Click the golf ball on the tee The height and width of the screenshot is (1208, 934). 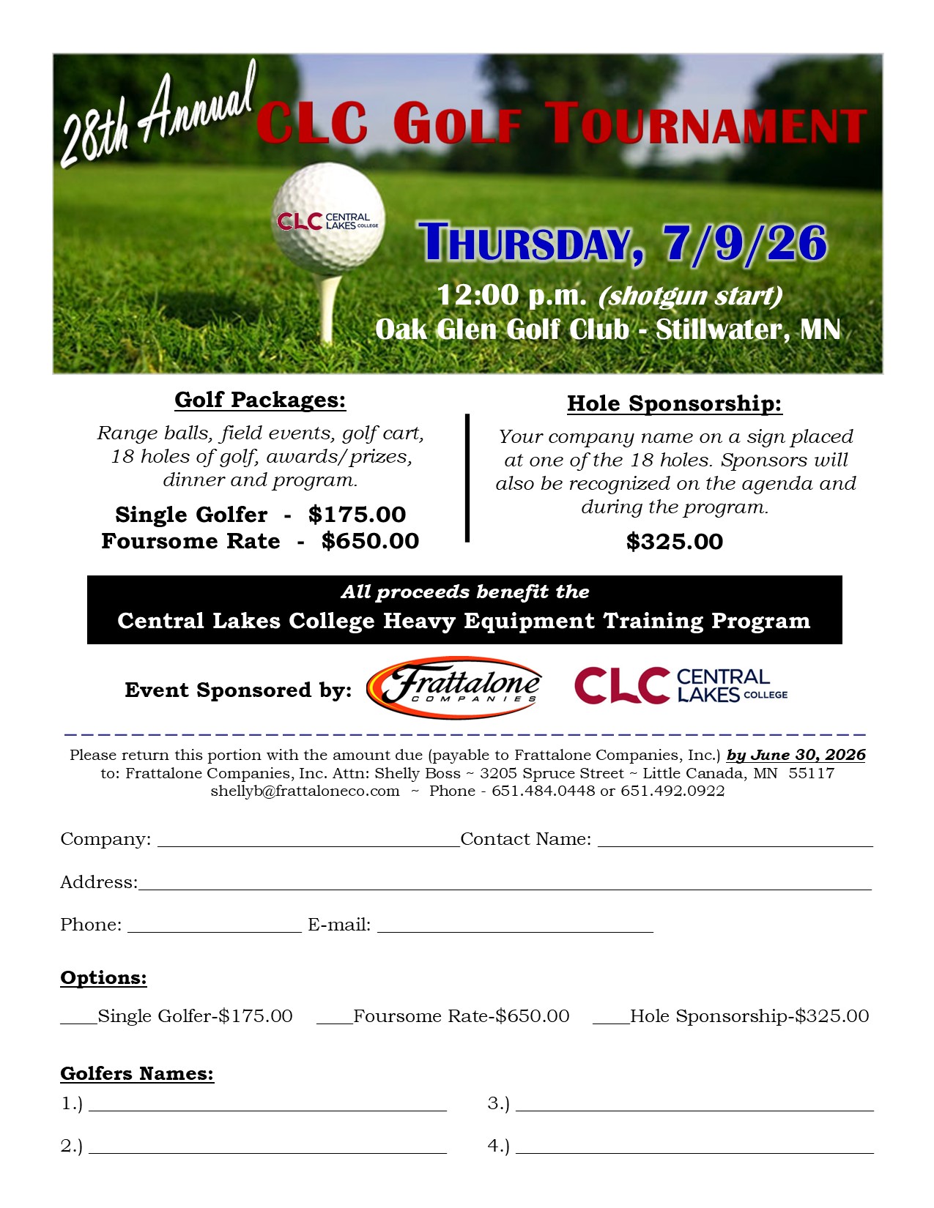pyautogui.click(x=328, y=218)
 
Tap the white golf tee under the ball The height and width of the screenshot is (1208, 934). pyautogui.click(x=330, y=307)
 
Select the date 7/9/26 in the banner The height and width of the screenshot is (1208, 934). pyautogui.click(x=745, y=243)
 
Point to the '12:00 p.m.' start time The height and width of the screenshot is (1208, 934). pyautogui.click(x=511, y=295)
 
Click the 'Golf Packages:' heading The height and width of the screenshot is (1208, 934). pyautogui.click(x=260, y=400)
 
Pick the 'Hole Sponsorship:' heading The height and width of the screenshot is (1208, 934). pyautogui.click(x=674, y=403)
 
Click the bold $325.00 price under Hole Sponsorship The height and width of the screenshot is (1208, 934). pyautogui.click(x=674, y=542)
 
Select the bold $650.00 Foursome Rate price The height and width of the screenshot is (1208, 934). pyautogui.click(x=370, y=541)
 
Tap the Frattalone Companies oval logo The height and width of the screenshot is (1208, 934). pyautogui.click(x=454, y=687)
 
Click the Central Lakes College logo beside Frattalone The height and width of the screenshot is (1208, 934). pyautogui.click(x=681, y=685)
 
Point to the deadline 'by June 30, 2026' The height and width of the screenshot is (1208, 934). pyautogui.click(x=796, y=755)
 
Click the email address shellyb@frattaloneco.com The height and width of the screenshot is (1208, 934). pyautogui.click(x=305, y=791)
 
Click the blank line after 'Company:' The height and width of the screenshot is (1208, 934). pyautogui.click(x=308, y=842)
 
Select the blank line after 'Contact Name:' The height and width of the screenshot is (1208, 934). pyautogui.click(x=735, y=842)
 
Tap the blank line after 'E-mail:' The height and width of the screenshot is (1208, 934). pyautogui.click(x=514, y=928)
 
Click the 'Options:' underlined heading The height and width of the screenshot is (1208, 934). pyautogui.click(x=103, y=978)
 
